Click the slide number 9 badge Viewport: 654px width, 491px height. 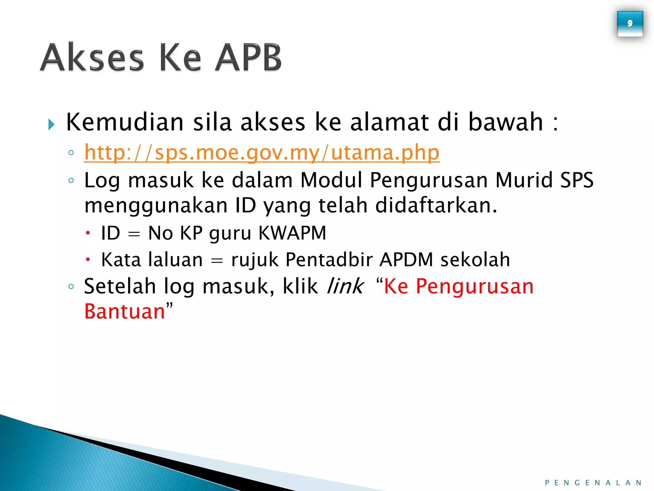tap(630, 24)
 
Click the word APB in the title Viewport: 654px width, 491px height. tap(248, 58)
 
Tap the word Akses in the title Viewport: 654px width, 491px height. tap(92, 58)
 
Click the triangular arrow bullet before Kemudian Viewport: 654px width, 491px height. tap(51, 124)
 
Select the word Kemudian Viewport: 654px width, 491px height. tap(125, 122)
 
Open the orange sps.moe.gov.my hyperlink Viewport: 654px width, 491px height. tap(262, 152)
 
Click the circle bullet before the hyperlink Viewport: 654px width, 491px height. tap(71, 153)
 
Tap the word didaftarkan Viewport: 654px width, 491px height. tap(436, 205)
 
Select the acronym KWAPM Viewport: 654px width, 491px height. tap(292, 233)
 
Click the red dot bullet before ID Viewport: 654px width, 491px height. tap(88, 233)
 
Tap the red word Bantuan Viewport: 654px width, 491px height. tap(125, 311)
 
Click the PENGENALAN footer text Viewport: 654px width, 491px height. tap(593, 483)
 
